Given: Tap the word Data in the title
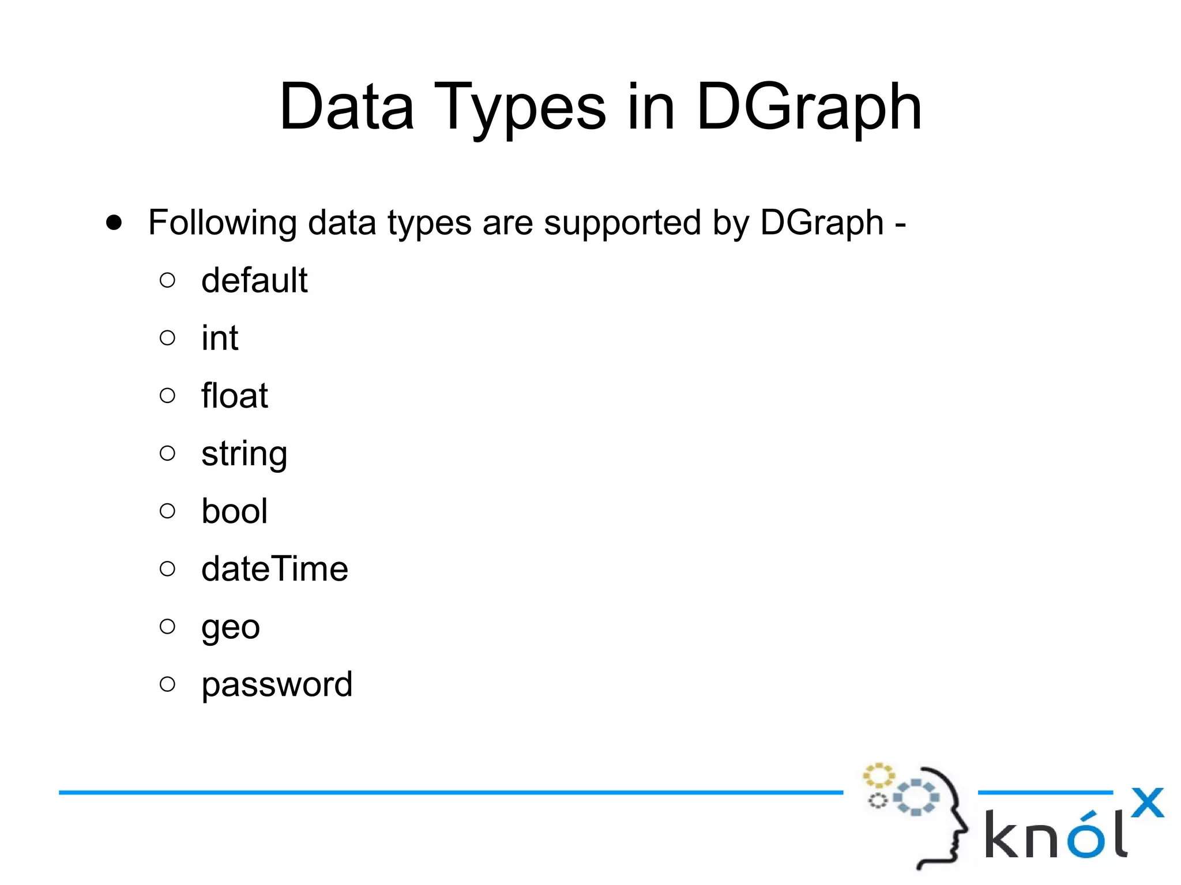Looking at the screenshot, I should click(x=347, y=107).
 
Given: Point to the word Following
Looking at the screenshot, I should click(x=222, y=224).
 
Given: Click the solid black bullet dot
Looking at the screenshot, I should click(x=114, y=223).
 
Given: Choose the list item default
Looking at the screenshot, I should click(x=254, y=281).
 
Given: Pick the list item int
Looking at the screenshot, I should click(x=220, y=338).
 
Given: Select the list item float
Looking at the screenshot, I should click(x=235, y=396).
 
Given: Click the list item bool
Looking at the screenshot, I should click(x=234, y=511).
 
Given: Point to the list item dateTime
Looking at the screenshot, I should click(x=274, y=569).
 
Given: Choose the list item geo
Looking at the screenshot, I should click(x=231, y=628).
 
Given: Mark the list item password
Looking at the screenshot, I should click(x=277, y=686).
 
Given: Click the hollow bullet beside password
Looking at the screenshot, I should click(x=167, y=684).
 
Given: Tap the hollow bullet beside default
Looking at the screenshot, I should click(x=167, y=280).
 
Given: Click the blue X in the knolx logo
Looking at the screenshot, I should click(x=1147, y=803).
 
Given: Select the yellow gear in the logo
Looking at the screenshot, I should click(x=878, y=776).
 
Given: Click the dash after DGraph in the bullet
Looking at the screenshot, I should click(x=900, y=225).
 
